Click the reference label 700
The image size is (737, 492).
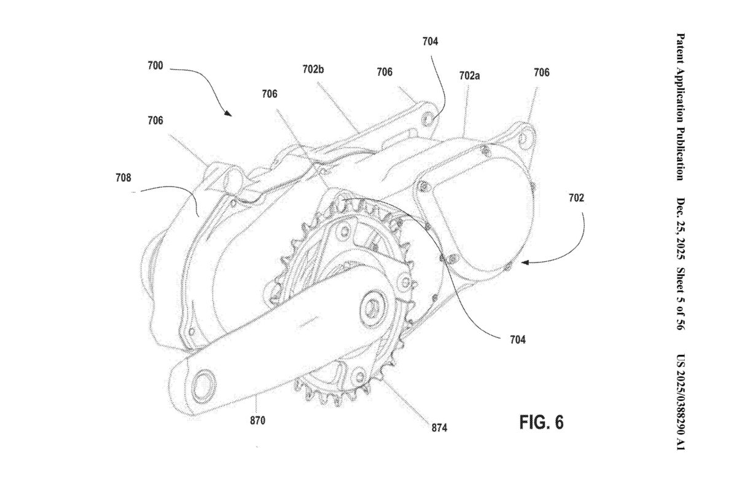155,66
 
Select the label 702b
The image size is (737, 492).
313,69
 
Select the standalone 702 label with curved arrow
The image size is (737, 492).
576,199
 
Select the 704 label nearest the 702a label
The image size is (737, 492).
431,42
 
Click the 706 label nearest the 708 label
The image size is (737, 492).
155,121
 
